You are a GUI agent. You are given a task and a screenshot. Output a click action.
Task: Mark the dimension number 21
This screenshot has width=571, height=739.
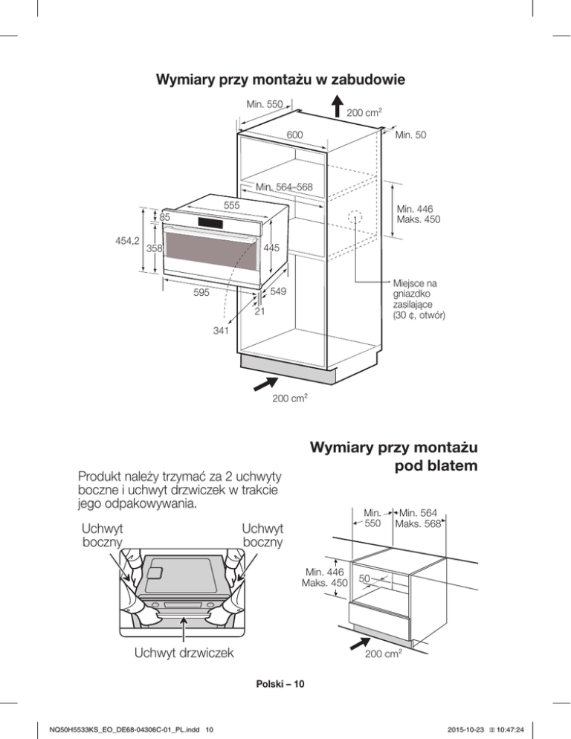[x=260, y=312]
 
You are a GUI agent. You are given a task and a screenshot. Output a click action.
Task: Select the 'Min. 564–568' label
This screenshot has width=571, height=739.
[x=283, y=187]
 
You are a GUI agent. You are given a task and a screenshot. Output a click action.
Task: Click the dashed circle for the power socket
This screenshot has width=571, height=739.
[x=356, y=218]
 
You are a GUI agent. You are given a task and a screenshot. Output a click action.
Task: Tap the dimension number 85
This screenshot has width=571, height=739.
[x=165, y=217]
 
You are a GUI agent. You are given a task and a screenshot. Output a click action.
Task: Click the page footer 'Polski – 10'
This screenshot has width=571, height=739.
[x=285, y=683]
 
